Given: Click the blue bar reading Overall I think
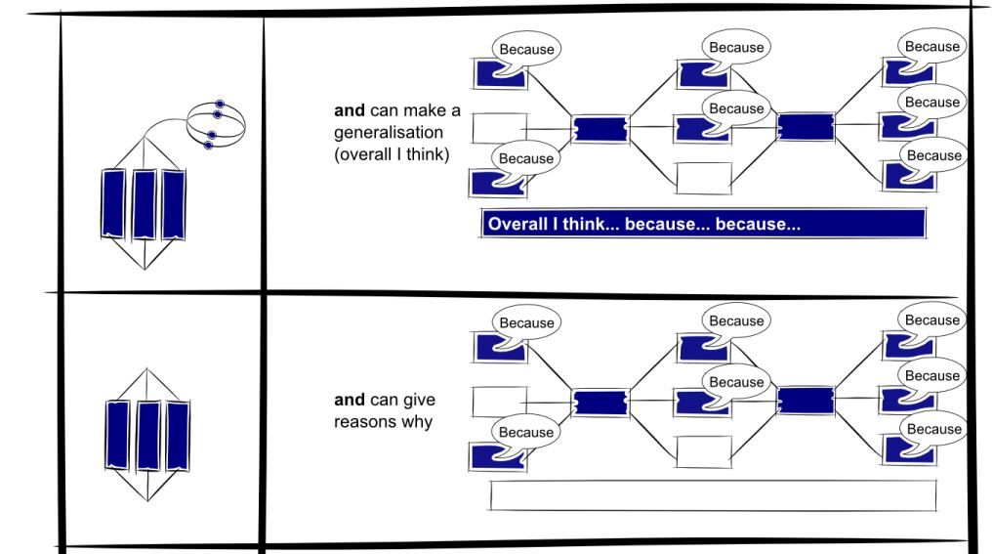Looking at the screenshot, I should coord(701,224).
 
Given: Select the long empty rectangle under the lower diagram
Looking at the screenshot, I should coord(712,495).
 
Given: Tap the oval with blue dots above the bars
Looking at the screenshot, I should coord(216,124).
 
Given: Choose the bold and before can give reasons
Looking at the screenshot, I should coord(348,401).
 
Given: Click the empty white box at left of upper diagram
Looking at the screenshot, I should coord(499,128).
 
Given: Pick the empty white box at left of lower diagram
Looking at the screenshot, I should coord(499,402).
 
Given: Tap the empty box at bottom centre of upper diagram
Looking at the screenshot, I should coord(703,178).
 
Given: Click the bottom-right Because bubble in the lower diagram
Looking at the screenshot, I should coord(932,429).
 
